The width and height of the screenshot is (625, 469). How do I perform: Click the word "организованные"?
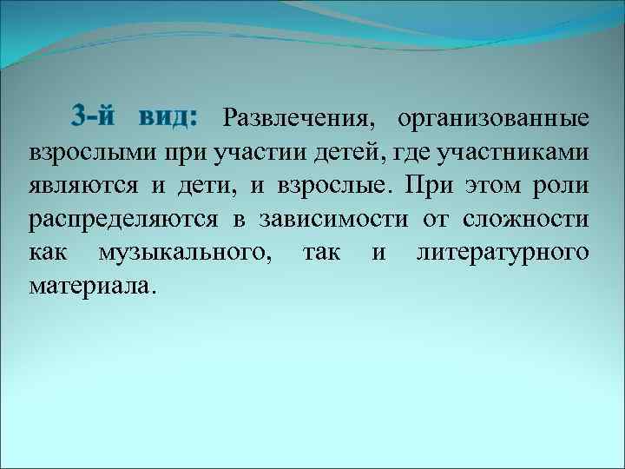click(x=494, y=118)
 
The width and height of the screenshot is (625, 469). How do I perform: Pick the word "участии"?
click(x=254, y=153)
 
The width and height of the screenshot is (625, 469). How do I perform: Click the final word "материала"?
click(x=91, y=285)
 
